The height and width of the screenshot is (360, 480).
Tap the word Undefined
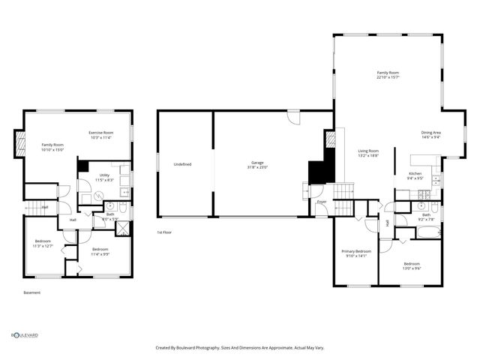(x=182, y=164)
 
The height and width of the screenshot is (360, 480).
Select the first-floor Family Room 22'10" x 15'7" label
(x=387, y=75)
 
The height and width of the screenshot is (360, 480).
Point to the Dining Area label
(x=430, y=135)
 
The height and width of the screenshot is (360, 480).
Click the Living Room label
(x=367, y=153)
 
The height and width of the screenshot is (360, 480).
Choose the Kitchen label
(x=415, y=176)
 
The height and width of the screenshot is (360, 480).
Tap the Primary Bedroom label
(x=356, y=253)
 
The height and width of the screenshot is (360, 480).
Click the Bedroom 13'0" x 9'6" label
(x=412, y=265)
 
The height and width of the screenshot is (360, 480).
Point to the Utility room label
(x=104, y=178)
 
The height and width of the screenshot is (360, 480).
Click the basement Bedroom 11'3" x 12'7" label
(x=43, y=244)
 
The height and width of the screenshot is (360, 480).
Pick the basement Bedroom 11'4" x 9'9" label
(x=100, y=251)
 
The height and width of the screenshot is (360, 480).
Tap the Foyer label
(x=321, y=202)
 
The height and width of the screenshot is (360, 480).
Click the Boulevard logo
(x=24, y=335)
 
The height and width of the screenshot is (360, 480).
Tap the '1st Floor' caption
(x=165, y=232)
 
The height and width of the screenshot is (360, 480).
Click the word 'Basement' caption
(x=31, y=292)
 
